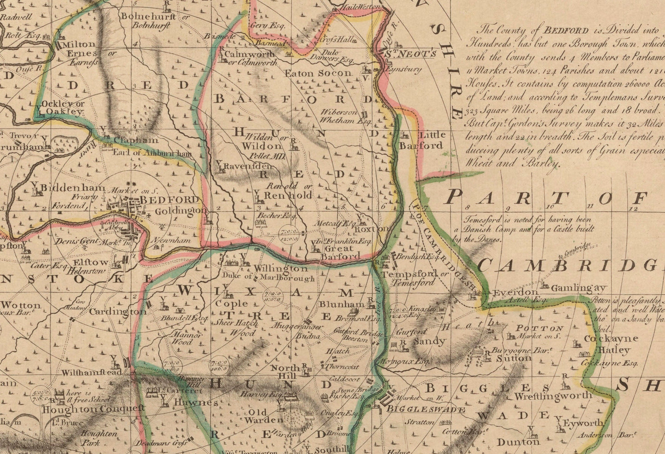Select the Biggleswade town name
426,409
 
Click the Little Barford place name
428,140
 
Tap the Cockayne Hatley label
612,344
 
